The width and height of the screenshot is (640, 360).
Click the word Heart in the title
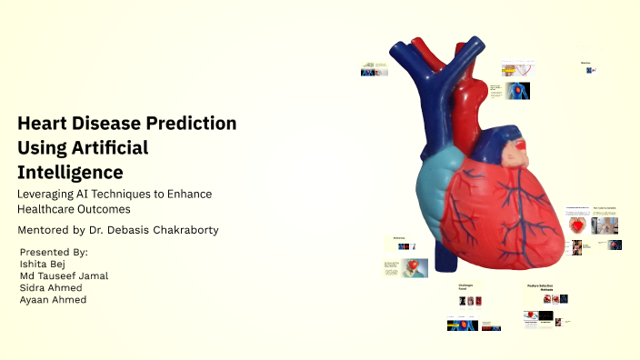point(44,123)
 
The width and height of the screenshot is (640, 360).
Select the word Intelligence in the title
point(70,172)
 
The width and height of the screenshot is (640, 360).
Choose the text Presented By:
point(54,252)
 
